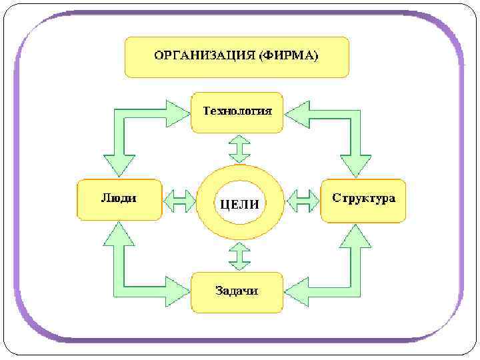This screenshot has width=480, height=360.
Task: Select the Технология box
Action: [237, 112]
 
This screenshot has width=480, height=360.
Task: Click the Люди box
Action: [119, 199]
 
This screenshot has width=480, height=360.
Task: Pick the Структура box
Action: [363, 199]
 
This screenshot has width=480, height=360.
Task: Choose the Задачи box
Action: [237, 291]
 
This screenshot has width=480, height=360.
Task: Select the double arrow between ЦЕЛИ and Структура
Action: [304, 200]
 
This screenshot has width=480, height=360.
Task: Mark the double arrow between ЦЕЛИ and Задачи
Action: [239, 255]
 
